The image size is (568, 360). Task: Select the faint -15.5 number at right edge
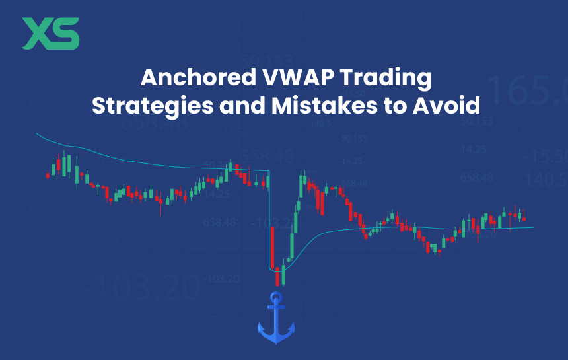(x=545, y=156)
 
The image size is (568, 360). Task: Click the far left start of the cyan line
(x=36, y=134)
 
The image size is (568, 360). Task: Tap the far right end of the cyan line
(x=532, y=227)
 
